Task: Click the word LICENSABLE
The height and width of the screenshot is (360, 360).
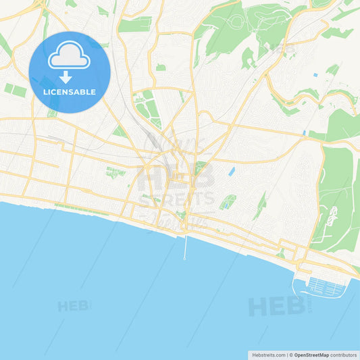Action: coord(70,92)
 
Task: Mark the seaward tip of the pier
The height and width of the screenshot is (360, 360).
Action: coord(185,258)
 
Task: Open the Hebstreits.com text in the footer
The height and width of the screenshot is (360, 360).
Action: coord(268,354)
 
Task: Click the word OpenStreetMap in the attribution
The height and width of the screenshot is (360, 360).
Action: coord(311,354)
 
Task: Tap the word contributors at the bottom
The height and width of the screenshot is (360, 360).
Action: coord(343,354)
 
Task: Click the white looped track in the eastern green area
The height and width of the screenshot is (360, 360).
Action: coord(332,216)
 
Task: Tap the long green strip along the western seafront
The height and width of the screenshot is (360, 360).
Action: coord(81,209)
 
